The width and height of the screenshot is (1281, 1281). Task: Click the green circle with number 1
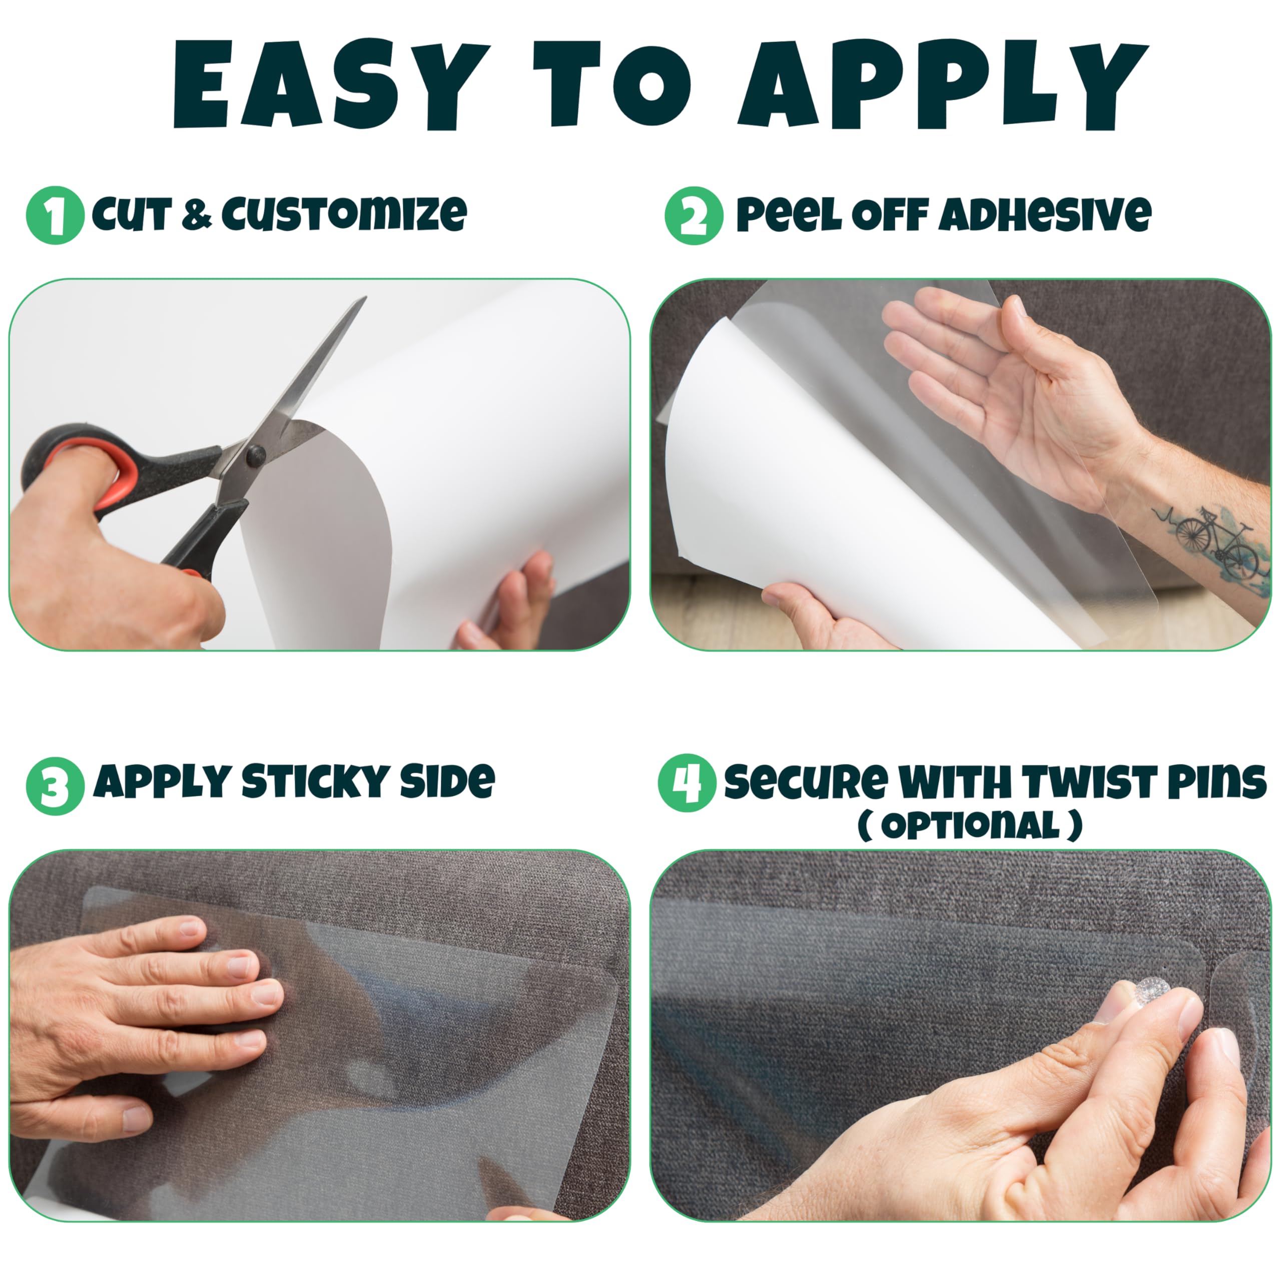[55, 216]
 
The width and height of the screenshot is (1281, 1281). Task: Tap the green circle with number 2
[694, 216]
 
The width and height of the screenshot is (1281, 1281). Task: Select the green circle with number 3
[55, 787]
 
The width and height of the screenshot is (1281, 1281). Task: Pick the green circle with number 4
[687, 783]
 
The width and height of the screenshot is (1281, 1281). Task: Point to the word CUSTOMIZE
[344, 214]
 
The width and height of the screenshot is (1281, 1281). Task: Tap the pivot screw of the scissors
[255, 454]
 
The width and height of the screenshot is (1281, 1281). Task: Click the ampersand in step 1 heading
[196, 214]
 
